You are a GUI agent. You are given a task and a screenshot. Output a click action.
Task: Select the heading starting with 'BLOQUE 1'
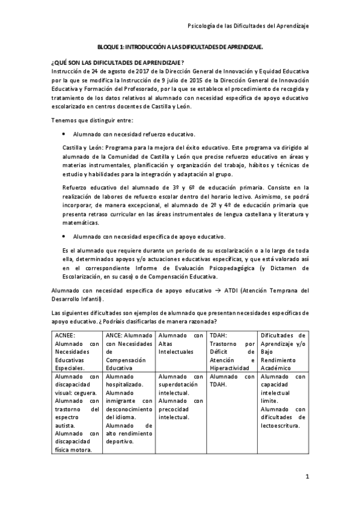(180, 46)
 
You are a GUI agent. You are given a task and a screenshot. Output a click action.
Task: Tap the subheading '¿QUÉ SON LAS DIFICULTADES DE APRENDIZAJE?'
(118, 63)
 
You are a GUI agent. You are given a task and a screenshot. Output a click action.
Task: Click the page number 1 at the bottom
(307, 478)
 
